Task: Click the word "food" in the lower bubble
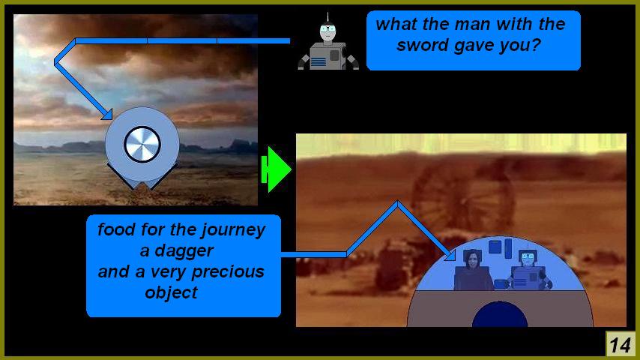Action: click(117, 229)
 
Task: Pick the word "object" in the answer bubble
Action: click(171, 293)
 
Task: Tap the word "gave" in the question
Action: click(474, 45)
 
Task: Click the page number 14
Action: click(620, 345)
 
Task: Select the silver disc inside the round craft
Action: click(142, 144)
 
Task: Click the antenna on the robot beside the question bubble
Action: click(327, 17)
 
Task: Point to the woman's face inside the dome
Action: click(472, 261)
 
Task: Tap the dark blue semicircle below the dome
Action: click(500, 314)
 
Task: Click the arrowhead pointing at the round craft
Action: click(107, 115)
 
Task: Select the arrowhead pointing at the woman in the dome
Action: click(450, 255)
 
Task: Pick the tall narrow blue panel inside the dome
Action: click(508, 249)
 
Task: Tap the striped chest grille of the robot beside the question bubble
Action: click(318, 62)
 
